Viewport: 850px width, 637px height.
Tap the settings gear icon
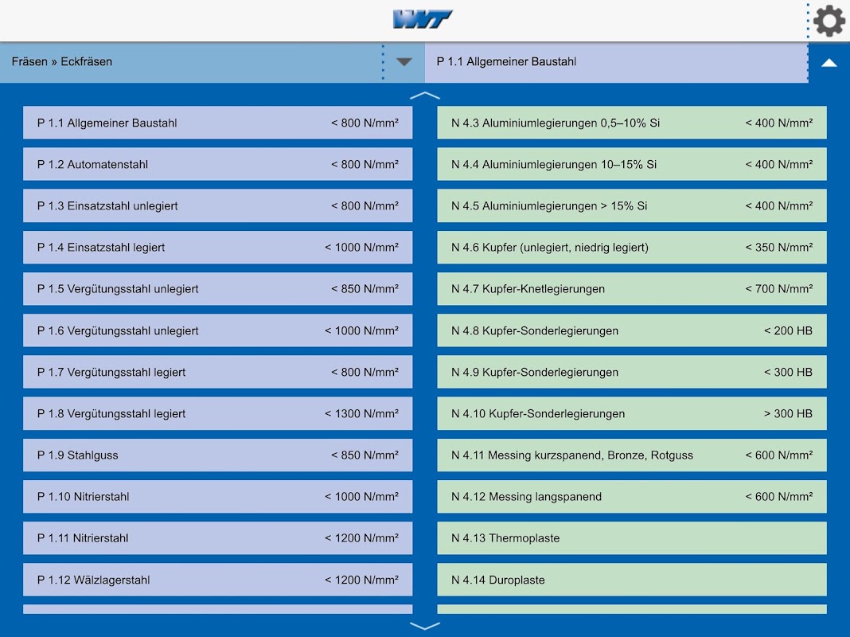pos(829,21)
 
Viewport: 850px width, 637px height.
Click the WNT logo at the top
pos(423,19)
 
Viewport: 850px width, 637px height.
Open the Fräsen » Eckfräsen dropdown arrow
pos(404,62)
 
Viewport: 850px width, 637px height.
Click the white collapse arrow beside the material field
pos(829,62)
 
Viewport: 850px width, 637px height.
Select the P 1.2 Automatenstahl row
pos(217,165)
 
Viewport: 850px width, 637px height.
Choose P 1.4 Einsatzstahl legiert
pos(217,248)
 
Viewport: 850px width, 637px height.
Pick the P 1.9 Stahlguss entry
pos(217,455)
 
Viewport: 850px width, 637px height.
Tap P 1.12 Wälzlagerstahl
pos(217,580)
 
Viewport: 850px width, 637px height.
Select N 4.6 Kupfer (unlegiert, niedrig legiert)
pos(631,248)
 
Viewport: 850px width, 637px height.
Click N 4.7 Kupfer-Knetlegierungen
pos(631,289)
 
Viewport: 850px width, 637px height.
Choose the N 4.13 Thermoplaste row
pos(631,538)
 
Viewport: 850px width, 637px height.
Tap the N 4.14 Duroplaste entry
pos(631,580)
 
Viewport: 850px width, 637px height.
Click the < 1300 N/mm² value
pos(361,414)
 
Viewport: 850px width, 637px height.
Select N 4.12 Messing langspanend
pos(631,497)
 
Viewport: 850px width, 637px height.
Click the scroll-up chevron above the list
pos(425,96)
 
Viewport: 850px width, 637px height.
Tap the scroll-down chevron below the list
pos(425,626)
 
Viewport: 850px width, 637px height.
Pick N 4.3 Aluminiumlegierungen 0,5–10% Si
pos(631,123)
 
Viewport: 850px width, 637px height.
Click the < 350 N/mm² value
pos(778,248)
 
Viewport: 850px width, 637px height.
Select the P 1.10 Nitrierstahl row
pos(217,497)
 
